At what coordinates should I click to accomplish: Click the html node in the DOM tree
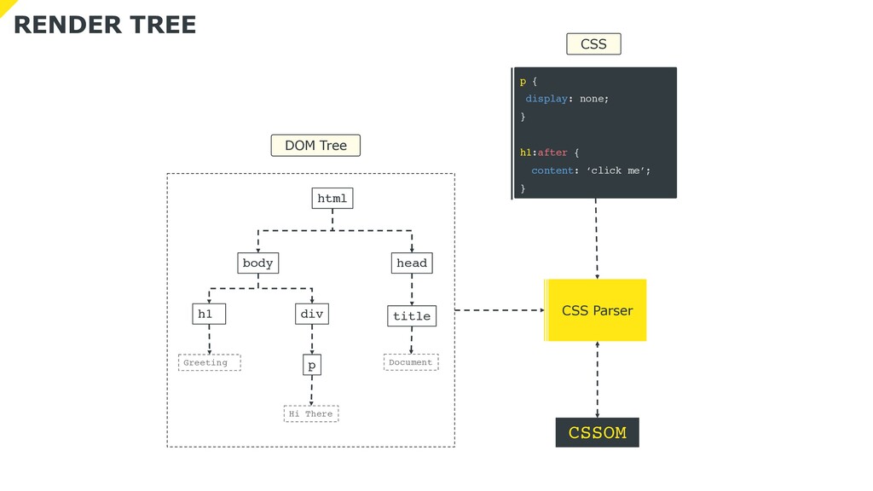tap(332, 198)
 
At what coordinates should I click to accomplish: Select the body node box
tap(257, 263)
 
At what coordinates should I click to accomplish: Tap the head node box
tap(412, 263)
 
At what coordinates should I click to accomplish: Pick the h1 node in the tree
tap(209, 314)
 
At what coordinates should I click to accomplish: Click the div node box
tap(312, 314)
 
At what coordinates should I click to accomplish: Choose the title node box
tap(412, 315)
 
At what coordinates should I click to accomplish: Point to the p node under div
tap(312, 365)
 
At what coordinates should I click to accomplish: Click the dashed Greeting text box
tap(210, 362)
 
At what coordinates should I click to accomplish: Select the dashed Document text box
tap(411, 361)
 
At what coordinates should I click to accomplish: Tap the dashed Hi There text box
tap(311, 413)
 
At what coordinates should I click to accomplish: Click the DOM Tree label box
tap(315, 145)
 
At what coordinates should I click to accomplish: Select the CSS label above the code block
tap(593, 44)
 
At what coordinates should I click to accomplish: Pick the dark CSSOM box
tap(598, 432)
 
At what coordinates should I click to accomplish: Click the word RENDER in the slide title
tap(67, 25)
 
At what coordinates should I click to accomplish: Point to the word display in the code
tap(546, 99)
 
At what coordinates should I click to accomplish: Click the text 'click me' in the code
tap(617, 170)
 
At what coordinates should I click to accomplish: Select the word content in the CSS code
tap(552, 170)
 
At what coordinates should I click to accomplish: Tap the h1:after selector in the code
tap(543, 153)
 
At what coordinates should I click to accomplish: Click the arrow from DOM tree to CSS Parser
tap(500, 310)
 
